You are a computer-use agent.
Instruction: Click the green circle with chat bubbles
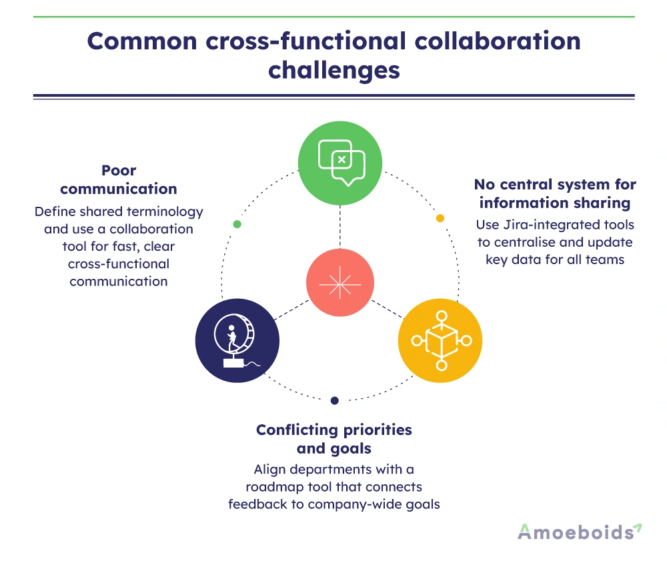pos(340,163)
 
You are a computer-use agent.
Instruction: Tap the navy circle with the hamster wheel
pos(237,341)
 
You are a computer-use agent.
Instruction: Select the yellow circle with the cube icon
pos(440,341)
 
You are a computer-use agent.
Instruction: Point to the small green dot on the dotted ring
pos(237,224)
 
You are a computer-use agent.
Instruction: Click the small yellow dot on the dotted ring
pos(440,218)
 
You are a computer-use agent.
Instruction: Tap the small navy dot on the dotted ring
pos(335,401)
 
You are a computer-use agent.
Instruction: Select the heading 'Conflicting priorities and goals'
pos(334,439)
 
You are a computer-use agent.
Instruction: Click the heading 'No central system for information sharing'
pos(555,193)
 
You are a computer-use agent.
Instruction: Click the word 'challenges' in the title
pos(334,69)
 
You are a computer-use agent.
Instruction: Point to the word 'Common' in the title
pos(141,41)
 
